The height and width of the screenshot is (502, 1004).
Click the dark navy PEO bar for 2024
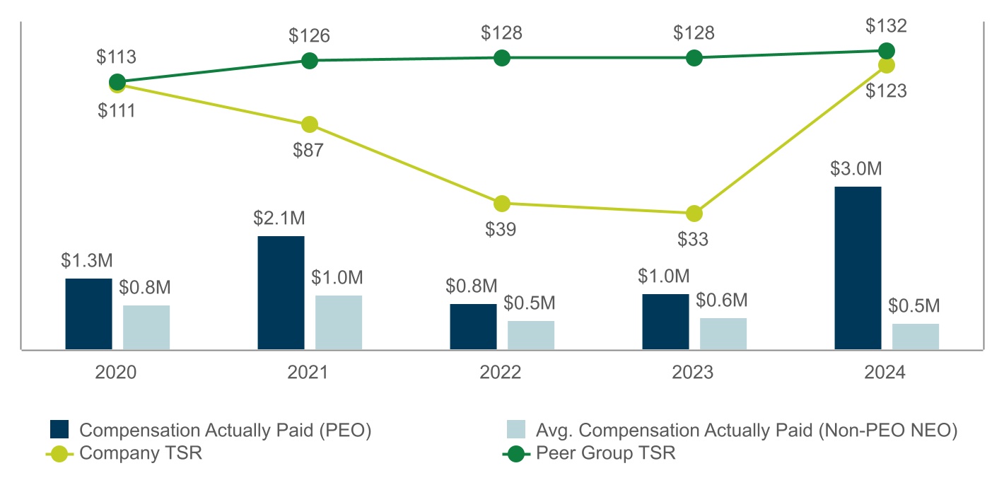coord(858,268)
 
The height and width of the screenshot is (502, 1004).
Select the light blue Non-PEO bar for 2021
coord(339,322)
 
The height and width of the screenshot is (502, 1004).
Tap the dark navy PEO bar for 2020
coord(88,314)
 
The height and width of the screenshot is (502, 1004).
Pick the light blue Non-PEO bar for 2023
coord(723,334)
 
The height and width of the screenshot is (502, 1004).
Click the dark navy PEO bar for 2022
coord(473,327)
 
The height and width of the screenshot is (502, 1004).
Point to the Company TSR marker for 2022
coord(501,204)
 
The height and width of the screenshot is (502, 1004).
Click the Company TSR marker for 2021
coord(309,124)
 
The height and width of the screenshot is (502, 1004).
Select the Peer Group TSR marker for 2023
coord(694,58)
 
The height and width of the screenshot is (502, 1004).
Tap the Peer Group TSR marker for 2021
coord(309,61)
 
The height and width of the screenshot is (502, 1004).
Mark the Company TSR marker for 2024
coord(886,65)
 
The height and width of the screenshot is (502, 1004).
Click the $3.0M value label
coord(858,170)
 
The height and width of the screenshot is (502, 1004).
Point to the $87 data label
coord(310,151)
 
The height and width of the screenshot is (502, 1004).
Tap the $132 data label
coord(885,27)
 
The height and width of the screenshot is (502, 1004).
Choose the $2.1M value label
coord(281,218)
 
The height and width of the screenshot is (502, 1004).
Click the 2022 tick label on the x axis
coord(501,373)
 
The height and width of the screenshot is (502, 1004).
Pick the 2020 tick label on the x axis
coord(117,373)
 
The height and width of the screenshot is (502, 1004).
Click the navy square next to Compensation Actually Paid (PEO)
coord(59,430)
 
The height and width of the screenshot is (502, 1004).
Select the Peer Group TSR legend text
coord(605,453)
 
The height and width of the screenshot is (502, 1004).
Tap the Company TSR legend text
coord(141,453)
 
